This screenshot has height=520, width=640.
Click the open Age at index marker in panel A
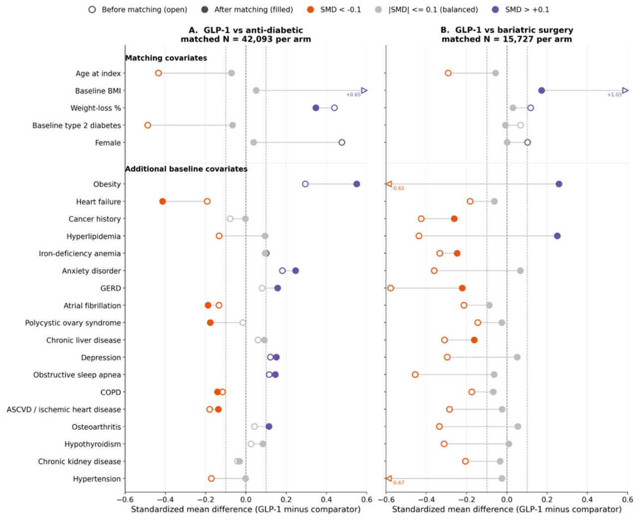tap(158, 73)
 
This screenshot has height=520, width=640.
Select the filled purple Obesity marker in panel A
tap(357, 184)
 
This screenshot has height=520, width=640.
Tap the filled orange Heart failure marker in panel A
tap(163, 201)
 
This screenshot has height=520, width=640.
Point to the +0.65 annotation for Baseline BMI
tap(353, 95)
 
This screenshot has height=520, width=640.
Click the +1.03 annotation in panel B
tap(615, 95)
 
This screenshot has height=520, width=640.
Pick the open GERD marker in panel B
tap(390, 288)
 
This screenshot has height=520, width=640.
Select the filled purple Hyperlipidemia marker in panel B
tap(557, 236)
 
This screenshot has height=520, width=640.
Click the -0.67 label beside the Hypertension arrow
tap(399, 483)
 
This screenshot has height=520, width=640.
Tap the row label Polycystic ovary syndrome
tap(73, 323)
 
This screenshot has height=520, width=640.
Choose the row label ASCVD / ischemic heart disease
tap(64, 410)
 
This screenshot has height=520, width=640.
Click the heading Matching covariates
tap(166, 58)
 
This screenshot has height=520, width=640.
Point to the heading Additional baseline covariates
tap(186, 169)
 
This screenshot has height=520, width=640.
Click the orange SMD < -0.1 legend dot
tap(311, 9)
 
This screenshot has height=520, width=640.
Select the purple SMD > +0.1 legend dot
tap(495, 9)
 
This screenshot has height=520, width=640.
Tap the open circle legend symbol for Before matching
tap(92, 9)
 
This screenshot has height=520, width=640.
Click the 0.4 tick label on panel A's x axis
tap(326, 499)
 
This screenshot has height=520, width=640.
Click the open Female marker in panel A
tap(341, 142)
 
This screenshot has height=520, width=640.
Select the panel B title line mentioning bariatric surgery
tap(507, 30)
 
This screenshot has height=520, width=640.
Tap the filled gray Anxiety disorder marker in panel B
tap(521, 271)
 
